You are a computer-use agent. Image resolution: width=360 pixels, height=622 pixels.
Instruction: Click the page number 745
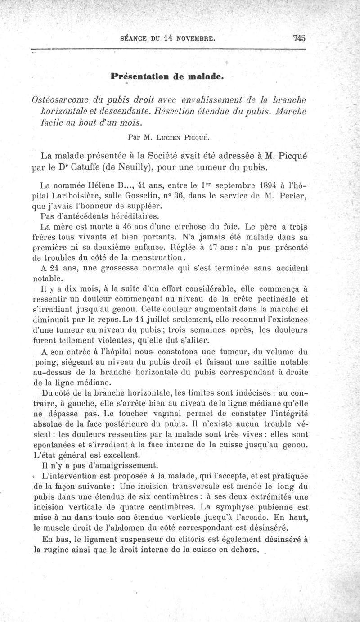(x=299, y=38)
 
